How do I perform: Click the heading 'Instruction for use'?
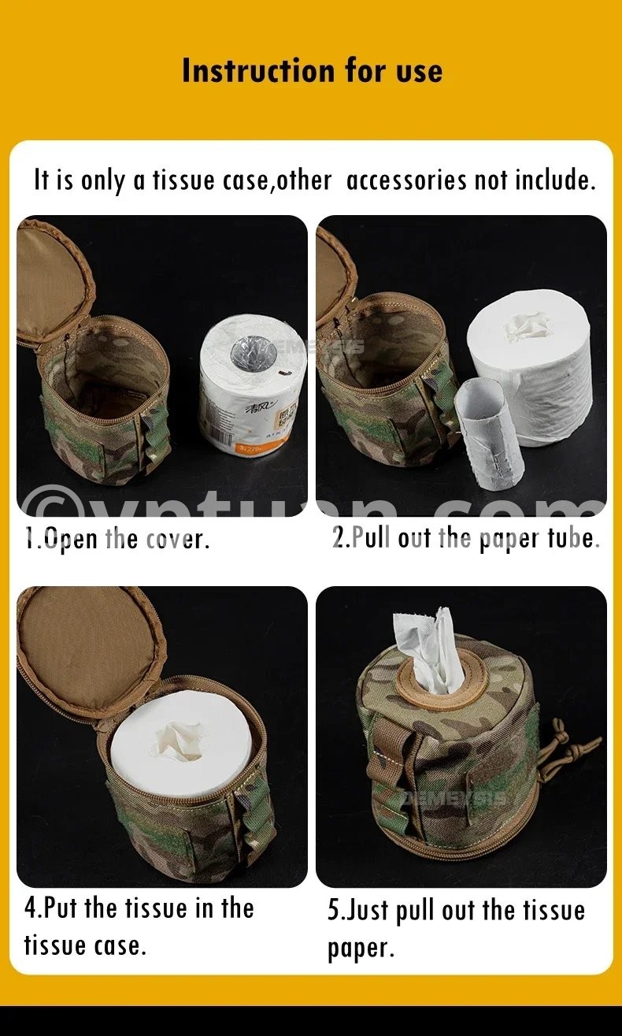313,71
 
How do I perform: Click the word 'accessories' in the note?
406,180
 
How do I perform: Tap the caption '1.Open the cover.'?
117,538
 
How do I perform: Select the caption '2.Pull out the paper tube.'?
466,538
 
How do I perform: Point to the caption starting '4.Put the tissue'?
139,926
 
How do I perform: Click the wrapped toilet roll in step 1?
254,384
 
